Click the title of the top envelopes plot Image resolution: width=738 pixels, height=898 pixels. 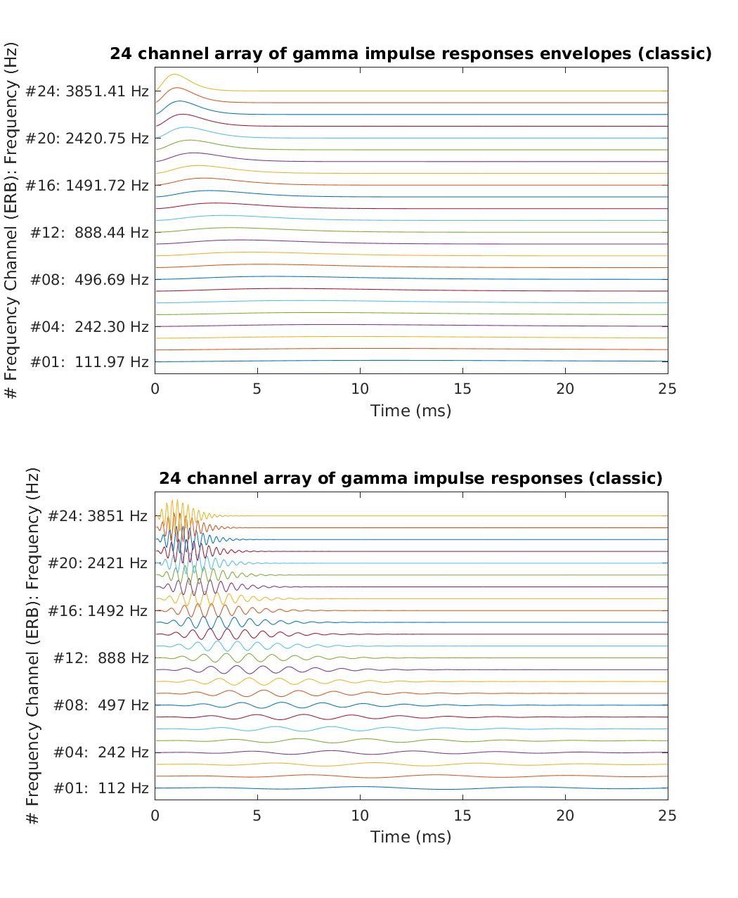click(410, 54)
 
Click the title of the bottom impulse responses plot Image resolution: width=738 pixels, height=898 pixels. click(410, 479)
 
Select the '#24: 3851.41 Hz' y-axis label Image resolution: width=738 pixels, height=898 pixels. click(87, 91)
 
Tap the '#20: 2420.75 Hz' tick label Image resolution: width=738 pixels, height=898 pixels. click(87, 139)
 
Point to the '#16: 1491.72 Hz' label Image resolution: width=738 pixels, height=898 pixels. click(87, 186)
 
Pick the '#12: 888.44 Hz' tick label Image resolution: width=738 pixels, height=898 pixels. click(89, 233)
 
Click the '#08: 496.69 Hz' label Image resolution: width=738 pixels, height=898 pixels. click(89, 280)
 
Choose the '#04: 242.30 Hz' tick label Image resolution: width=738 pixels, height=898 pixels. click(89, 327)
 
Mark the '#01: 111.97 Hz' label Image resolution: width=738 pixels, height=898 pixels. click(89, 362)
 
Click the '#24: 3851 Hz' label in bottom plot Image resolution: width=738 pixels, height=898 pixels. click(98, 516)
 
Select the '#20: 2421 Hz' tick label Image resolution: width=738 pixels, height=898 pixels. click(98, 563)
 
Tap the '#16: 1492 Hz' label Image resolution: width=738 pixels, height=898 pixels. click(98, 611)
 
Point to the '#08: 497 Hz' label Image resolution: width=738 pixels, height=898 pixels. click(101, 705)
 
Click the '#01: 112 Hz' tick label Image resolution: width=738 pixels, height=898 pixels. click(101, 788)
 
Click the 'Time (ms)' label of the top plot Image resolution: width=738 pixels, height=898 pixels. click(410, 411)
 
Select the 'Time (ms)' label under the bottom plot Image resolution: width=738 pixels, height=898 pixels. click(410, 837)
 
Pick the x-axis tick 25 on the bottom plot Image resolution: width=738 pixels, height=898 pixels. click(667, 815)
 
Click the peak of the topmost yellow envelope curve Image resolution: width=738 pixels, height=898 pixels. click(174, 74)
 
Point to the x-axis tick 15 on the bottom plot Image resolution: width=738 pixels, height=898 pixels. click(462, 815)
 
